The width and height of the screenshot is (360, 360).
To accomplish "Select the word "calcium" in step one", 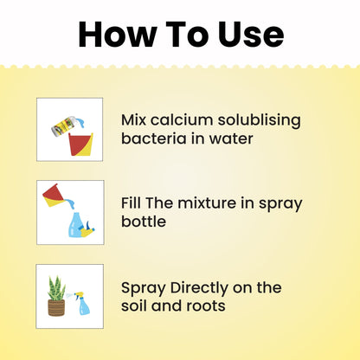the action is click(x=182, y=119).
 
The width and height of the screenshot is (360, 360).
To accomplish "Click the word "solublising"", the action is click(x=260, y=120).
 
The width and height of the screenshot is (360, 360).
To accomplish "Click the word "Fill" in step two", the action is click(x=131, y=202).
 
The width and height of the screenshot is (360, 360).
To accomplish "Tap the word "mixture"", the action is click(x=206, y=203).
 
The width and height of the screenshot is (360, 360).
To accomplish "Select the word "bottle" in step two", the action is click(x=144, y=222).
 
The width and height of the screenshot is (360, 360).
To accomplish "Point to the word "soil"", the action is click(x=134, y=305).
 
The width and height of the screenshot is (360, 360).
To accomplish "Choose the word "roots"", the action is click(x=206, y=306).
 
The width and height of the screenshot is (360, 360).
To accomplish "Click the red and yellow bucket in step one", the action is click(x=80, y=145).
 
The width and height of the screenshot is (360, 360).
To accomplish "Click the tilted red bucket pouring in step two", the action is click(x=54, y=196).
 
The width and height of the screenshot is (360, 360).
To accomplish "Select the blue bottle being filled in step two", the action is click(x=76, y=225).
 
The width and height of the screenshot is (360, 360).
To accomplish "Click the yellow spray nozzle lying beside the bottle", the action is click(x=87, y=229).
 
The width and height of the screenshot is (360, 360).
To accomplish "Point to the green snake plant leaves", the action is click(x=57, y=288).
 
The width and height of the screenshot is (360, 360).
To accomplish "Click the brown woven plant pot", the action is click(x=56, y=307).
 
